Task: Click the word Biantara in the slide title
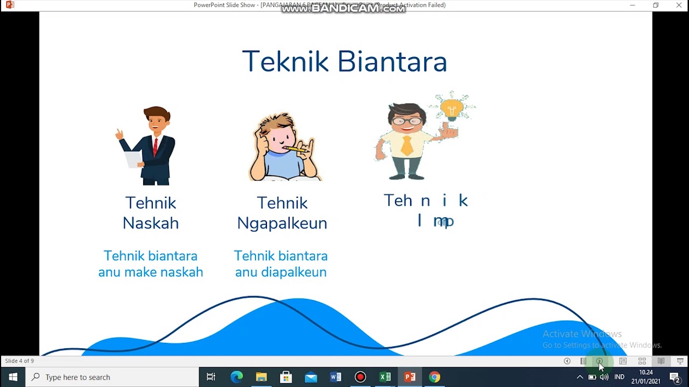click(x=392, y=62)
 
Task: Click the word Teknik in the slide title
click(x=285, y=62)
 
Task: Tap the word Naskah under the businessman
click(x=151, y=223)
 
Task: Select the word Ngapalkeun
click(x=282, y=223)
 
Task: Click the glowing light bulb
click(x=452, y=109)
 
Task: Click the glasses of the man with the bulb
click(x=407, y=121)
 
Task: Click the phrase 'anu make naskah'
click(x=151, y=272)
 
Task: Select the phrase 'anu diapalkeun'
click(x=281, y=272)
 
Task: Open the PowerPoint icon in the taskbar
click(x=410, y=377)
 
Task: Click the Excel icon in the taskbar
click(x=385, y=377)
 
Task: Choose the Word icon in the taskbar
click(x=335, y=377)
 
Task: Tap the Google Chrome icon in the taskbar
click(x=434, y=377)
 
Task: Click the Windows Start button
click(x=13, y=377)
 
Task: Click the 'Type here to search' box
click(x=113, y=377)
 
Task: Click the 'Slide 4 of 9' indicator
click(x=19, y=361)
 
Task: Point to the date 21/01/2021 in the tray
click(x=645, y=382)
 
